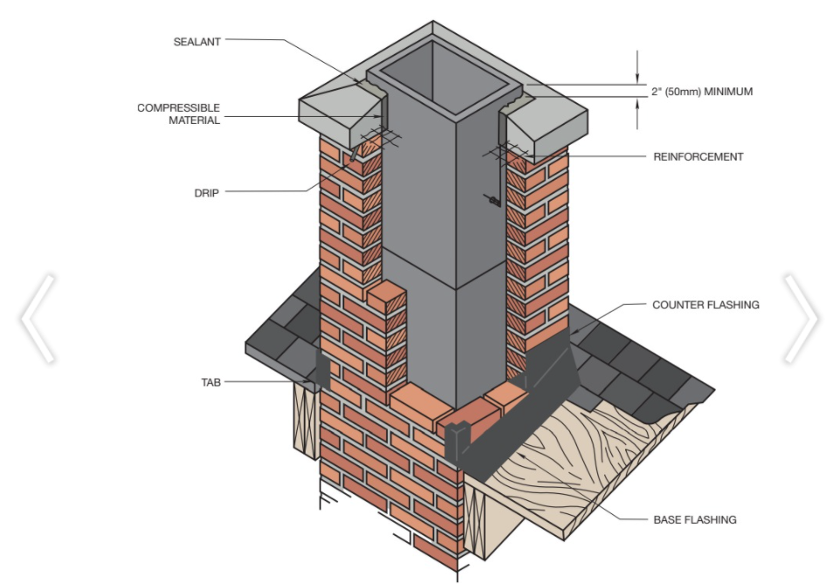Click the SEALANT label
pos(196,42)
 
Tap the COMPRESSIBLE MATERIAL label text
pos(178,114)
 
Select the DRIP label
pos(206,193)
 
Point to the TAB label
pos(210,382)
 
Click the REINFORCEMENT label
pos(698,157)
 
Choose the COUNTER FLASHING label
pos(706,305)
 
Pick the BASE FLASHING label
pos(695,519)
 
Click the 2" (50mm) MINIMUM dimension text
pos(702,92)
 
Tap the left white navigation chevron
pos(38,319)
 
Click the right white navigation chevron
pos(801,319)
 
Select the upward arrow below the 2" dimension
pos(637,113)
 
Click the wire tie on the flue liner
pos(492,201)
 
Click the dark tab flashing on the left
pos(322,368)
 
